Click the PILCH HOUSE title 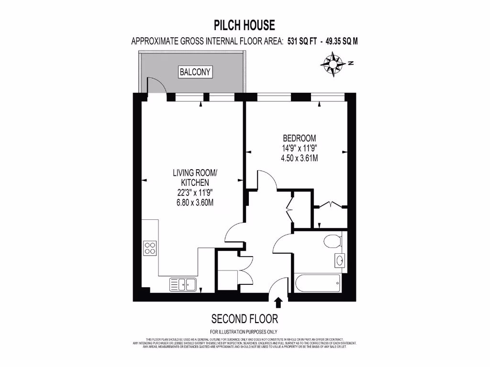(x=244, y=24)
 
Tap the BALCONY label (x=195, y=72)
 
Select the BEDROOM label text (x=300, y=139)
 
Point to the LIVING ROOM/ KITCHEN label (x=195, y=177)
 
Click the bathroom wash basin (x=339, y=260)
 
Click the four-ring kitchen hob (x=150, y=248)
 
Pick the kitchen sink (x=183, y=284)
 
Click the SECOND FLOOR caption (x=244, y=319)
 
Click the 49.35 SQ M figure (x=342, y=42)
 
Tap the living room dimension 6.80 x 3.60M (x=195, y=203)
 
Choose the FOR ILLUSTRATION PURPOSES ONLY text (x=244, y=332)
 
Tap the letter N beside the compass (x=351, y=63)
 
